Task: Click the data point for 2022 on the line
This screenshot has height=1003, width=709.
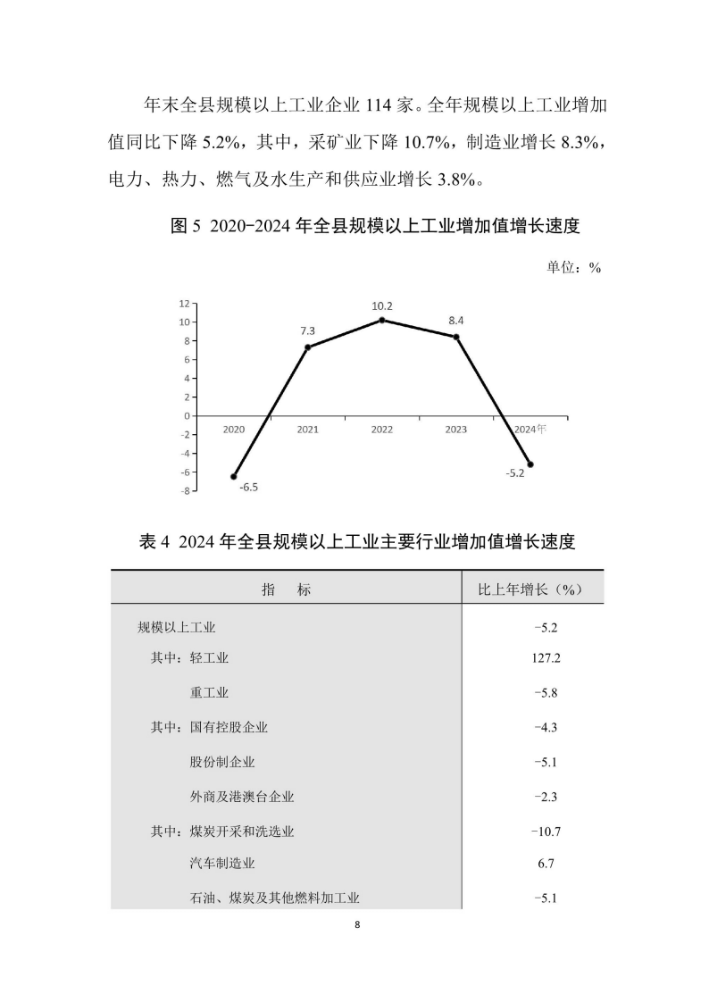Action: coord(382,320)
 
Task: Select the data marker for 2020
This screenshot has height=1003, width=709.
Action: coord(234,476)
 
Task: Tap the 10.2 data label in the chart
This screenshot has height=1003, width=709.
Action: coord(382,306)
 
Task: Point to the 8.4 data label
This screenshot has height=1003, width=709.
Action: coord(456,321)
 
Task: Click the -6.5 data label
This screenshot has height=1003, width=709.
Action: coord(248,487)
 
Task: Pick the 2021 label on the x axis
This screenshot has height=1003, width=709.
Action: coord(308,430)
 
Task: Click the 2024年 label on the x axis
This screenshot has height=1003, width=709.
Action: coord(530,429)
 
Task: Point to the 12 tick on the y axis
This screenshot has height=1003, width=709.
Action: coord(183,304)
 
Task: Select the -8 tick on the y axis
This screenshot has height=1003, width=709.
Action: coord(183,490)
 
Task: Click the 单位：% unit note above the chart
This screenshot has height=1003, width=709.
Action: coord(572,267)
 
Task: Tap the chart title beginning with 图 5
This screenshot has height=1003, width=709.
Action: coord(375,227)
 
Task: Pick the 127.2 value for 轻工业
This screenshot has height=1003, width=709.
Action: coord(544,658)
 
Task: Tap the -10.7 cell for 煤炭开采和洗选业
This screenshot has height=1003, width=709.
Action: coord(544,831)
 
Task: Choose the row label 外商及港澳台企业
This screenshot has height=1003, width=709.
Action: coord(242,796)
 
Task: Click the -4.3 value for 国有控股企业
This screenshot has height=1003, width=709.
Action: coord(544,727)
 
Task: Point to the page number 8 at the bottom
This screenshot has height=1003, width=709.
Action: coord(356,924)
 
